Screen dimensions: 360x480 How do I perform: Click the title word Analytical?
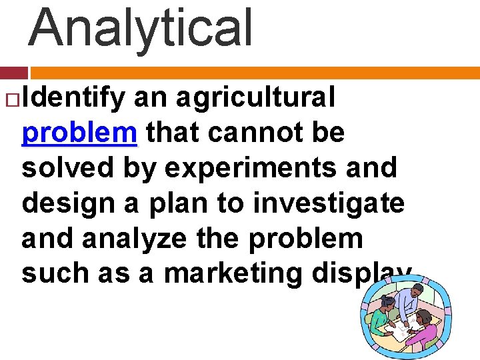tap(141, 28)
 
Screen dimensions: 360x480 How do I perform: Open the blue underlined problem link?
tap(79, 133)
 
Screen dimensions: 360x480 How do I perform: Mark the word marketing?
tap(224, 273)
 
